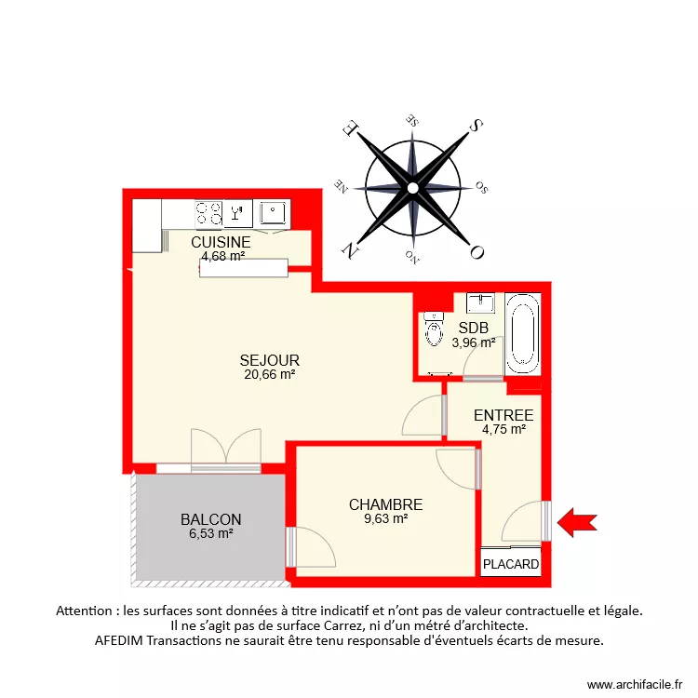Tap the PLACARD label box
click(510, 564)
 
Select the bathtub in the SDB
click(522, 331)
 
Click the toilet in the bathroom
click(434, 329)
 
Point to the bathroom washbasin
click(481, 302)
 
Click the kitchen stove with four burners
click(208, 214)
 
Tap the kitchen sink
click(273, 213)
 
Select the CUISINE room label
click(221, 242)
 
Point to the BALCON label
click(211, 519)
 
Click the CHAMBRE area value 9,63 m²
click(385, 519)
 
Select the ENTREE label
click(503, 415)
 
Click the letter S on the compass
click(476, 126)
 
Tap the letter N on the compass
click(350, 250)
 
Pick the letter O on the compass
click(477, 251)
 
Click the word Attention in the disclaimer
click(88, 611)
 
